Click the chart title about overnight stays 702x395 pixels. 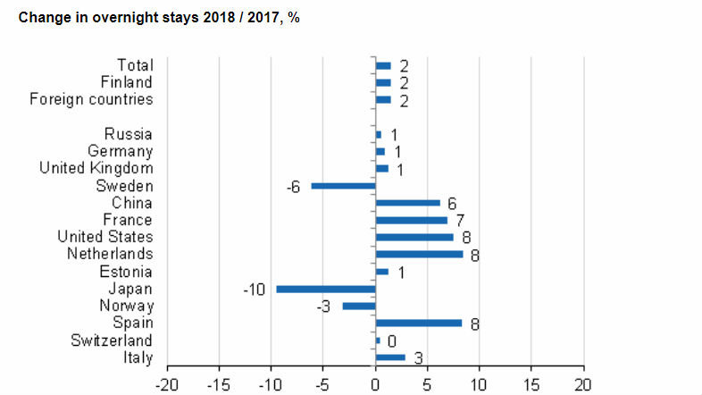[158, 18]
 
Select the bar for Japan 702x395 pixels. [326, 289]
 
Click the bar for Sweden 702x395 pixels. [343, 186]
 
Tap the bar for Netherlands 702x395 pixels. [420, 255]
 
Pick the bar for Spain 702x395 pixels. [419, 324]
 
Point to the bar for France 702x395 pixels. [412, 220]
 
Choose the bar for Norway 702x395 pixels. [359, 307]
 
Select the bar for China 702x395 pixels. [408, 203]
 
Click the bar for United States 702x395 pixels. [414, 238]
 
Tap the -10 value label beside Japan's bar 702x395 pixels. [255, 290]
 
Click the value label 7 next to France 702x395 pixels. [460, 221]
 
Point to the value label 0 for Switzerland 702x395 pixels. [391, 341]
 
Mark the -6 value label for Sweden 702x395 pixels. [292, 187]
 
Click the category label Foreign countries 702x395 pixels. [91, 99]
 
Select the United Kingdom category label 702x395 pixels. [96, 168]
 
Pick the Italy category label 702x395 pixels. [138, 357]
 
